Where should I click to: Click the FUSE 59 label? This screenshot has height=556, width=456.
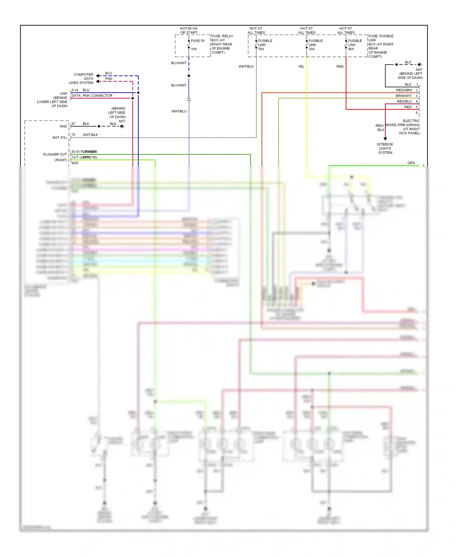198,41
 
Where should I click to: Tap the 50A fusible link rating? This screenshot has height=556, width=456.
261,49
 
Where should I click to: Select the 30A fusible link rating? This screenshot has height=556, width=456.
312,49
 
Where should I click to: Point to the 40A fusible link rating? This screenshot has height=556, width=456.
351,49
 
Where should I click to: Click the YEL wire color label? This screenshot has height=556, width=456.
301,66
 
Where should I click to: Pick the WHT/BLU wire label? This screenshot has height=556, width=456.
179,111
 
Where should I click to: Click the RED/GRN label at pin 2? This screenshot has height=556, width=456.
404,90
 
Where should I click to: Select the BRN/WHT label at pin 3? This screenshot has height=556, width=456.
403,96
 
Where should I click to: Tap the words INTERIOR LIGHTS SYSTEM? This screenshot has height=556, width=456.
385,148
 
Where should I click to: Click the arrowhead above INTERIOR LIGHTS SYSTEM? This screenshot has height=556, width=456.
385,139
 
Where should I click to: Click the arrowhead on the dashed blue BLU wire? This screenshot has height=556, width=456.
98,76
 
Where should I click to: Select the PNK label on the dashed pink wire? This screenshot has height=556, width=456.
109,79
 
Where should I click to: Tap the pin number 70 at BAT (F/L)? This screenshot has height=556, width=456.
73,135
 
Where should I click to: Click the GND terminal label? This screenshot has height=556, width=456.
63,126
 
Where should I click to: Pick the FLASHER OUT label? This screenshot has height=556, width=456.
55,155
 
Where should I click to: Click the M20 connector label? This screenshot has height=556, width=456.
75,163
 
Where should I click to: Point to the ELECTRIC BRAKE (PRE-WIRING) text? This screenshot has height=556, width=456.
403,125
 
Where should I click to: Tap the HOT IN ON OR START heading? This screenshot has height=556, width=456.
188,30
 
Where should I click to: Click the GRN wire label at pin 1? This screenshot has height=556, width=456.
411,163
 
